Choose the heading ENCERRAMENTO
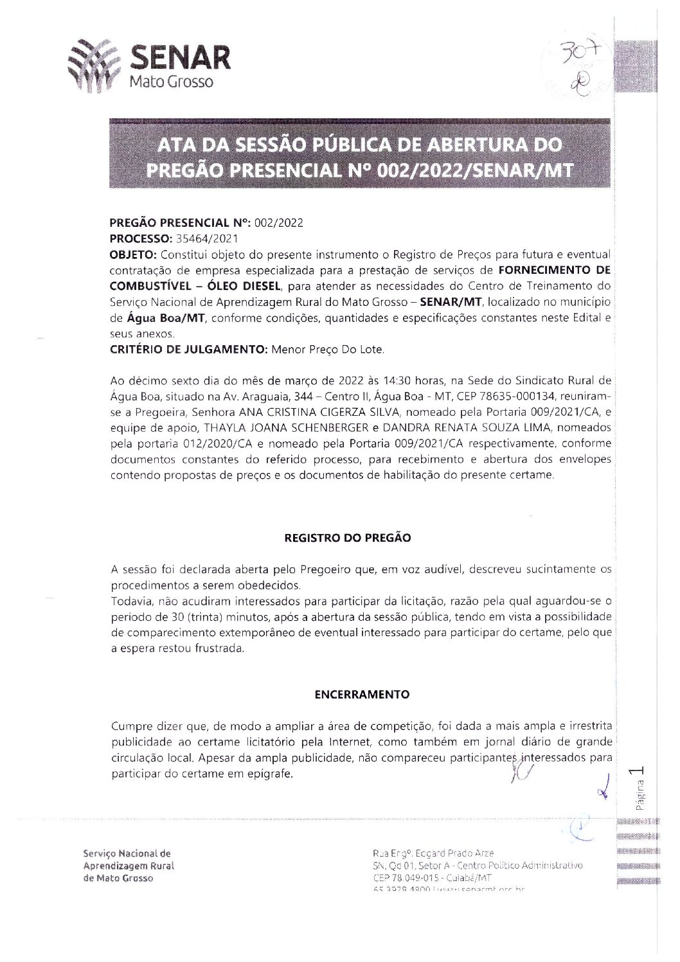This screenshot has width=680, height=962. [362, 695]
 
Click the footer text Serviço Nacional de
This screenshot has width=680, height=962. [127, 854]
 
